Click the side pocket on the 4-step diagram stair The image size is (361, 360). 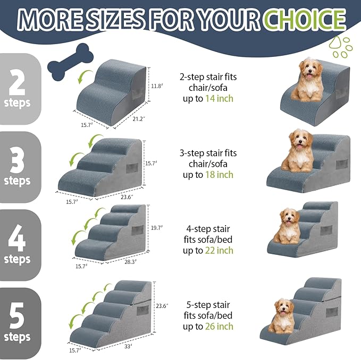[x=137, y=232]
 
